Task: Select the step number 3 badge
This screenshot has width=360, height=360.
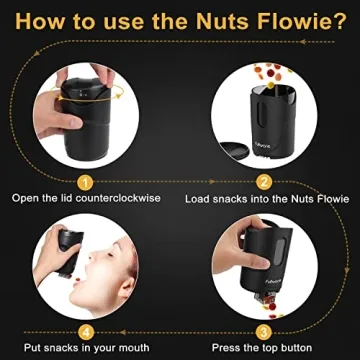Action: click(265, 331)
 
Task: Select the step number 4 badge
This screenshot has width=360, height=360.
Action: click(86, 331)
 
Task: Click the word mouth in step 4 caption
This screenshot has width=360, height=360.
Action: click(133, 348)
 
